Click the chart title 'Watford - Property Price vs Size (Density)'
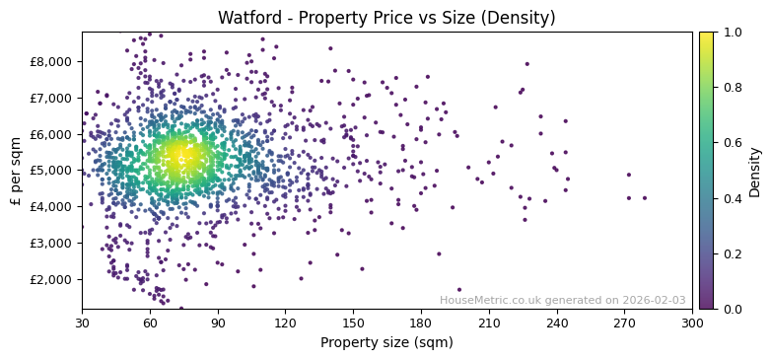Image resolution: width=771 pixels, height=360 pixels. click(386, 18)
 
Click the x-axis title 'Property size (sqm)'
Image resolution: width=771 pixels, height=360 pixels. click(386, 342)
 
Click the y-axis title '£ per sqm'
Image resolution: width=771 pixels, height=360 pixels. click(16, 171)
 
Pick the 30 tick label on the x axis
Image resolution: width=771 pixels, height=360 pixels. click(82, 322)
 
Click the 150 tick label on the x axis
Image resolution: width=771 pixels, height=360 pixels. click(353, 322)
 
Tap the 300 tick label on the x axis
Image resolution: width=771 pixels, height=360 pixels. click(692, 322)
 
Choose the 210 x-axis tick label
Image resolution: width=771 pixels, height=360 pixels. click(489, 322)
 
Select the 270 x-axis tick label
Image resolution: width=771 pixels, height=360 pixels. click(624, 322)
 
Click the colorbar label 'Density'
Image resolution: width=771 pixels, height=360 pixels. click(755, 171)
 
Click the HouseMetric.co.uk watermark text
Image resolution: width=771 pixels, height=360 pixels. click(562, 300)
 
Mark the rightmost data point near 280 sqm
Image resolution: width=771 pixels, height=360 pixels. click(645, 198)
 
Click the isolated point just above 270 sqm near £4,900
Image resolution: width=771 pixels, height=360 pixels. click(628, 175)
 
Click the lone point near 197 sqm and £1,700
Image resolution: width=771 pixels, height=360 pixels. click(458, 290)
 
